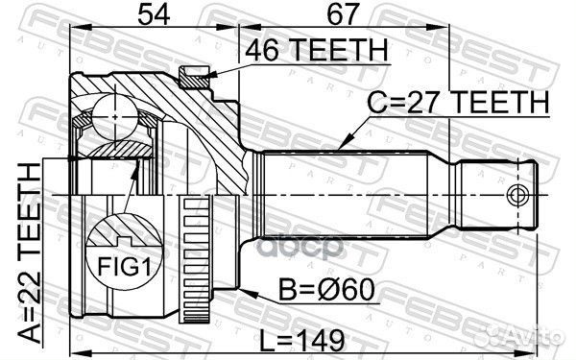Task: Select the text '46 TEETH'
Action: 316,50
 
